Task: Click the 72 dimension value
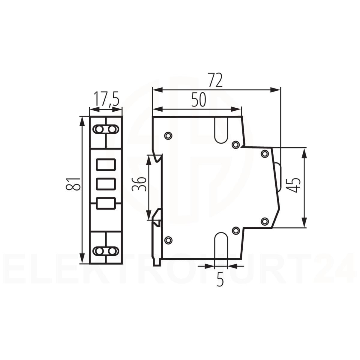click(215, 80)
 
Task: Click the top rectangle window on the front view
click(106, 164)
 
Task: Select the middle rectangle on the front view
click(106, 184)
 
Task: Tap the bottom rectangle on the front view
click(106, 204)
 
